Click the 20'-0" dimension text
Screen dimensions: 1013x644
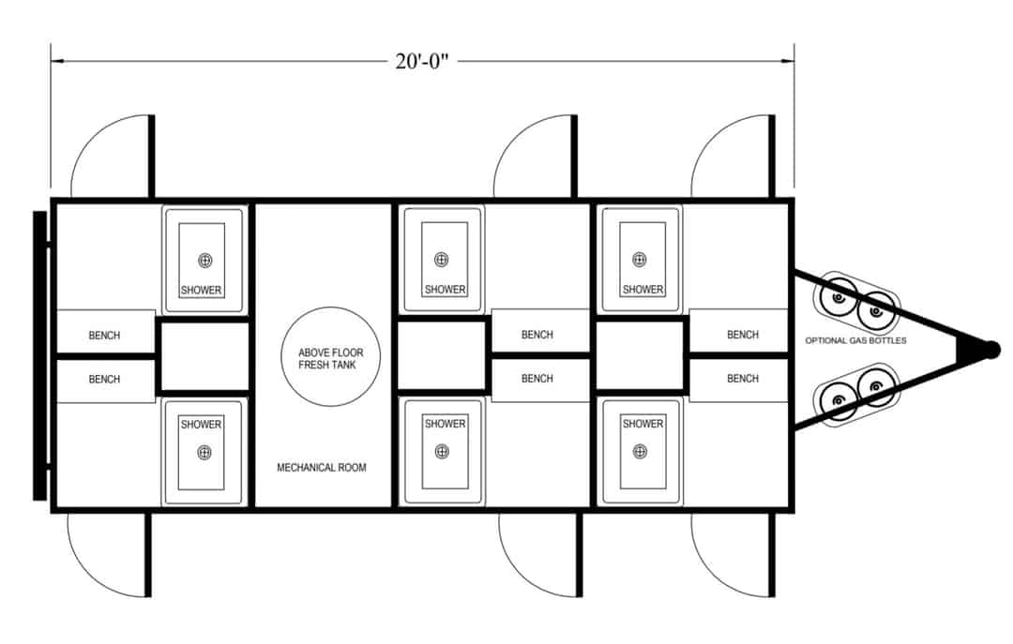422,61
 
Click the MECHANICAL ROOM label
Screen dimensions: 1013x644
321,467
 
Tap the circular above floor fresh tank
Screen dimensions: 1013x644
331,356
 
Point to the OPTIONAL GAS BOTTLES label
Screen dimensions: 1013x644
855,340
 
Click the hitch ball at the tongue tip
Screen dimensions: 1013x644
991,350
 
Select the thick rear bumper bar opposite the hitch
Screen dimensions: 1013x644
39,355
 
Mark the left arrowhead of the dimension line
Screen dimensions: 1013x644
58,61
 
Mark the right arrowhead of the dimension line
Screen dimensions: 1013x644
788,61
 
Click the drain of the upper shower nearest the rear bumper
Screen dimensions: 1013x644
205,261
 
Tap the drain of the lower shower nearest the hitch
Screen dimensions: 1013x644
640,451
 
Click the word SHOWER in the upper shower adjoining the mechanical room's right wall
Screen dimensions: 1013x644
445,290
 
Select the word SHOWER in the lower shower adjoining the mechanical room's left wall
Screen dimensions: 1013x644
201,424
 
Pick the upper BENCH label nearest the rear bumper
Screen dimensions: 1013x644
104,336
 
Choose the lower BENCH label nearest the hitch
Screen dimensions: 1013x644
742,379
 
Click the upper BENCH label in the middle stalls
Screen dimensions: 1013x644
537,335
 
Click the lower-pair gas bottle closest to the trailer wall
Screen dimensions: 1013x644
839,400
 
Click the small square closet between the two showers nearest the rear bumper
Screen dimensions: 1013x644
204,356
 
